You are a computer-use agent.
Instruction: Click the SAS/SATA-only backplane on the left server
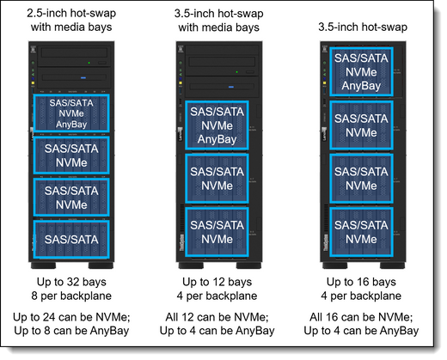(71, 240)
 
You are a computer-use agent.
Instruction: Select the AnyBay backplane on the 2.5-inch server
(71, 113)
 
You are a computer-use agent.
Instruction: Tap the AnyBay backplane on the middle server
(217, 125)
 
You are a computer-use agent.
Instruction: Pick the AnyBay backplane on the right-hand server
(361, 72)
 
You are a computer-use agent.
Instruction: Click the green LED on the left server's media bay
(89, 63)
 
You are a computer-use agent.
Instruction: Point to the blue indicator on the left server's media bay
(83, 77)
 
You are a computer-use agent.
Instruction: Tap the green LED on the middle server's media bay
(236, 72)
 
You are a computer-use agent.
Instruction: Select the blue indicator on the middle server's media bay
(231, 87)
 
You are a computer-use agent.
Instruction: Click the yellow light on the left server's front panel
(33, 82)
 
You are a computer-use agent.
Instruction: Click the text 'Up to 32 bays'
(71, 282)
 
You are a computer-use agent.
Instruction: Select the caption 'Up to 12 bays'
(217, 282)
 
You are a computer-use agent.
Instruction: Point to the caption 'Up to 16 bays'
(361, 282)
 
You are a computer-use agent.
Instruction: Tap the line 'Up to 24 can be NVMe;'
(71, 317)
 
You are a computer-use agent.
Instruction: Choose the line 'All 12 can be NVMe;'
(217, 317)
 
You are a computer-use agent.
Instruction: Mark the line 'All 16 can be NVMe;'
(361, 317)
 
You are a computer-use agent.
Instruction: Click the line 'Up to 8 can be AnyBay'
(71, 331)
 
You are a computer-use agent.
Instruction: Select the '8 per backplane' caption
(71, 296)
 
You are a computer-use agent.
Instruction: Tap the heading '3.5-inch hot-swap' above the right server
(363, 27)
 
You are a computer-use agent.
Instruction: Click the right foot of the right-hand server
(392, 265)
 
